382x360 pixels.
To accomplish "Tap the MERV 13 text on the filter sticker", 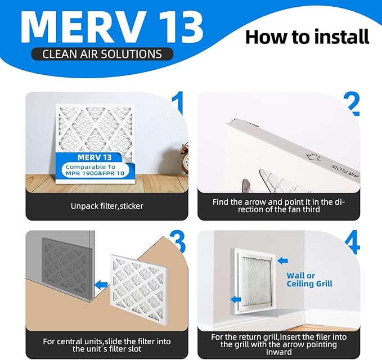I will (x=91, y=156).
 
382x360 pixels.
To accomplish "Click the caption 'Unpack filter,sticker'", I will (x=107, y=206).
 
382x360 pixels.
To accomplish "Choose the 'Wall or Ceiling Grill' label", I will (x=309, y=280).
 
